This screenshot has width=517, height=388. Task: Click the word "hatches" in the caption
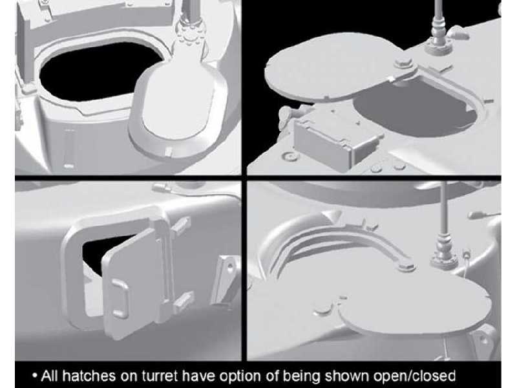click(x=89, y=376)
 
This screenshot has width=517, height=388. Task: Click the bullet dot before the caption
click(x=35, y=376)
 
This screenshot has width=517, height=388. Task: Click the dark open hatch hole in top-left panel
click(x=99, y=71)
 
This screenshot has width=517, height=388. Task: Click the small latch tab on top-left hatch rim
click(x=168, y=151)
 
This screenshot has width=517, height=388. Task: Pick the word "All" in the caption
click(x=50, y=376)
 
